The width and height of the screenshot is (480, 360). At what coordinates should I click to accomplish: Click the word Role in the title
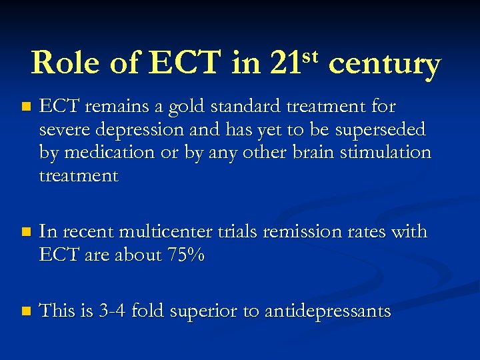[63, 64]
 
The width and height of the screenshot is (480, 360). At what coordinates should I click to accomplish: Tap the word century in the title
[385, 65]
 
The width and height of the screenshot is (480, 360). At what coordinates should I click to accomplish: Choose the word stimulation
[387, 153]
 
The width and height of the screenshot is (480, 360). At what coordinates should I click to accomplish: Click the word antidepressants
[327, 311]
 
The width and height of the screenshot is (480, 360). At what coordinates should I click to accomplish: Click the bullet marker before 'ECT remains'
[25, 107]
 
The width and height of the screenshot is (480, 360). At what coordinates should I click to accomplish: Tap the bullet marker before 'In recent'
[25, 233]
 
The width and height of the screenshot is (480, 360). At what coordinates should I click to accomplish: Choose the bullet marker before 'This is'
[25, 311]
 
